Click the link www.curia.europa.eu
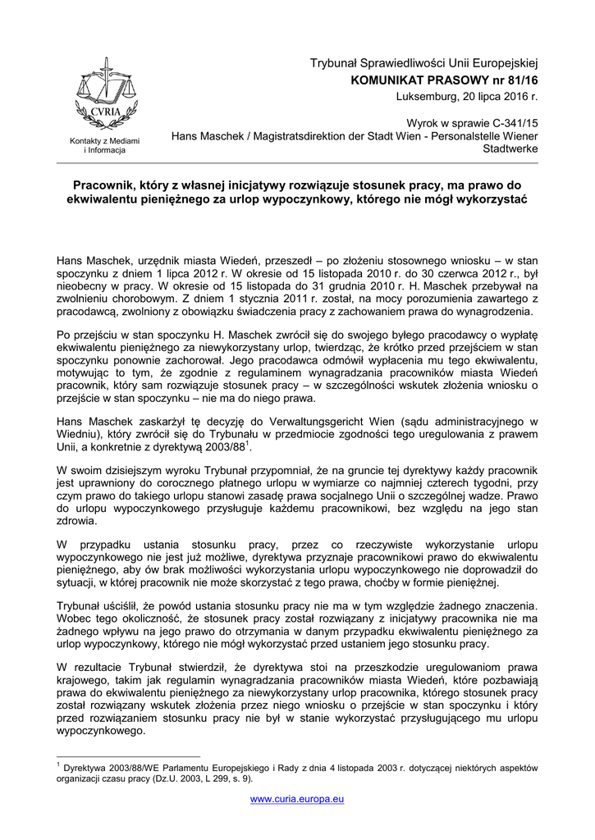point(297,798)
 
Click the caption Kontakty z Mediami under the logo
point(104,141)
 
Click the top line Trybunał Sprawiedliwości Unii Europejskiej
point(423,64)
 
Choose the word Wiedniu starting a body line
point(76,435)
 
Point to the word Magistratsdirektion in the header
point(300,135)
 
